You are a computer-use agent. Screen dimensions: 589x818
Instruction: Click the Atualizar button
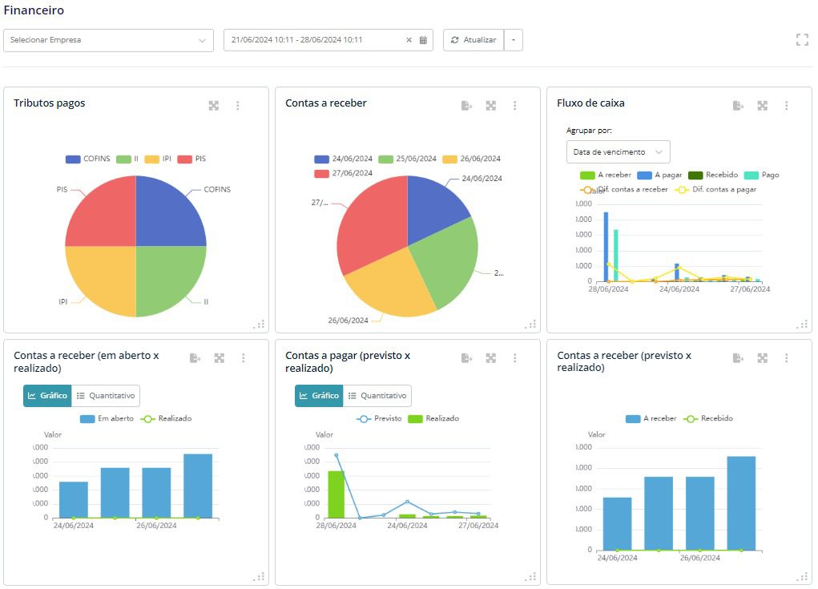click(x=473, y=40)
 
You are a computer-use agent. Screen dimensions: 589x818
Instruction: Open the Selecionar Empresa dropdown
click(x=108, y=40)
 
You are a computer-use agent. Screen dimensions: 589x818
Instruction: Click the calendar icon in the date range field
click(x=423, y=40)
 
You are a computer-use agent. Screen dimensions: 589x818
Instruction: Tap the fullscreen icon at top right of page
click(x=801, y=40)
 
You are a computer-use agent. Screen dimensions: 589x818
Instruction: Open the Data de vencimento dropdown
click(x=618, y=151)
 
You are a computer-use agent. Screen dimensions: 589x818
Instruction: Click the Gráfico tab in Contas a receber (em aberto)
click(x=47, y=396)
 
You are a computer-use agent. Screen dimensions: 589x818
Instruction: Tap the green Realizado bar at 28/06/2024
click(x=336, y=494)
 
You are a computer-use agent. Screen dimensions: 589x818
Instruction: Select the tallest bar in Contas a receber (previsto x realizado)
click(x=741, y=502)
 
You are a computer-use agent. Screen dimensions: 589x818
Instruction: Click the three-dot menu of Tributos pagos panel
click(x=238, y=106)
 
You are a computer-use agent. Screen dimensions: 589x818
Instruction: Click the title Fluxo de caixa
click(x=590, y=103)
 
